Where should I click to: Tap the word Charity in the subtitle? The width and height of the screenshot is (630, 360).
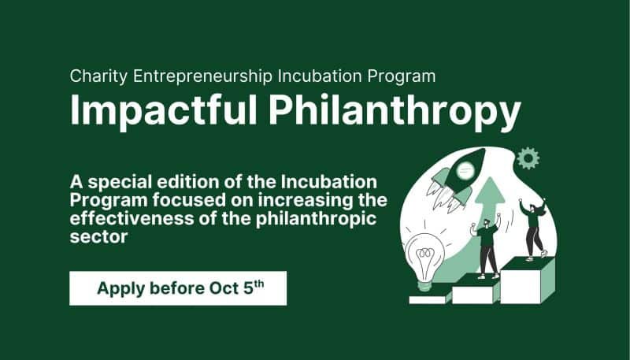97,76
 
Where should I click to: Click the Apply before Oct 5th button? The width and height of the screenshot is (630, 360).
178,288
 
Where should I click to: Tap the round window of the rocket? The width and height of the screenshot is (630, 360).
467,166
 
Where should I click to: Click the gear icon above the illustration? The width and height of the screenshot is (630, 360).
527,158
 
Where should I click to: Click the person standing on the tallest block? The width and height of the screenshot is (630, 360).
535,228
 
